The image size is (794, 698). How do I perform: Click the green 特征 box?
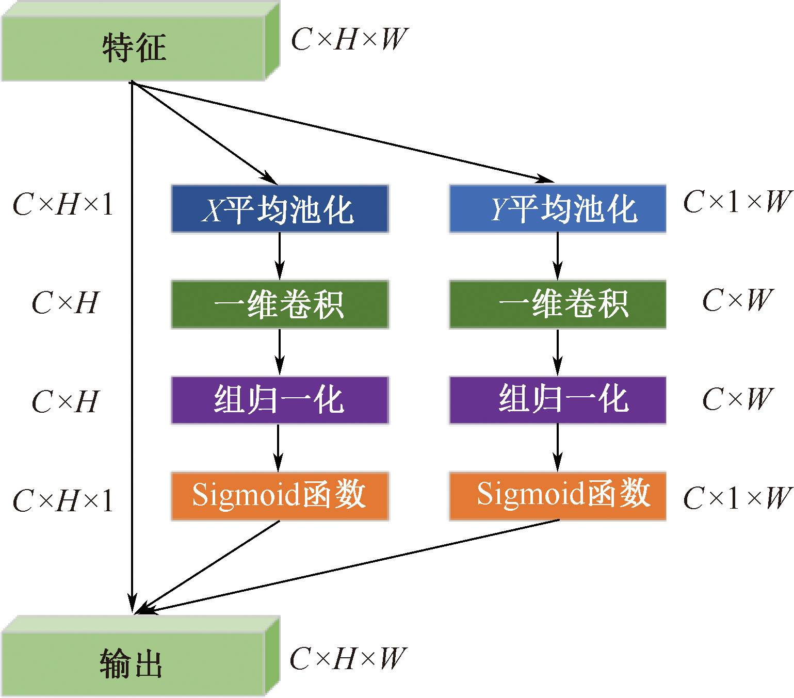pyautogui.click(x=134, y=48)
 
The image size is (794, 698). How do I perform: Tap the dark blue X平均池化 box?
pyautogui.click(x=280, y=209)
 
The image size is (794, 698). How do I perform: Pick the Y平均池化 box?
pyautogui.click(x=558, y=209)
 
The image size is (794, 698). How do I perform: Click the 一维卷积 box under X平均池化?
pyautogui.click(x=280, y=304)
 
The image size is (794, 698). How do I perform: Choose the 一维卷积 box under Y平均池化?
pyautogui.click(x=558, y=304)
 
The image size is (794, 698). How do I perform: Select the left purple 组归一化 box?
pyautogui.click(x=280, y=400)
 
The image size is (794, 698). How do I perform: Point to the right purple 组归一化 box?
pyautogui.click(x=558, y=400)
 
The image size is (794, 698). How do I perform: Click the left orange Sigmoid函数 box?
pyautogui.click(x=280, y=496)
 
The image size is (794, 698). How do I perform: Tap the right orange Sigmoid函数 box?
pyautogui.click(x=558, y=496)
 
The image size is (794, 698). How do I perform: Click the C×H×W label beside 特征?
pyautogui.click(x=349, y=40)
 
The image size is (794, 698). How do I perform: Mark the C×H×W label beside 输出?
pyautogui.click(x=348, y=659)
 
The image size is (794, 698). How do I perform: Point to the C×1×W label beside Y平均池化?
pyautogui.click(x=737, y=202)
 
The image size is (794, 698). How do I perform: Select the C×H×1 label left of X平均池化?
pyautogui.click(x=63, y=205)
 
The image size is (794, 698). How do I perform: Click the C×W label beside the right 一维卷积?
pyautogui.click(x=738, y=300)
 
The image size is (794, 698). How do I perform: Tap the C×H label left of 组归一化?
pyautogui.click(x=65, y=401)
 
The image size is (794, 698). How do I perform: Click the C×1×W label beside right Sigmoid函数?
pyautogui.click(x=737, y=498)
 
